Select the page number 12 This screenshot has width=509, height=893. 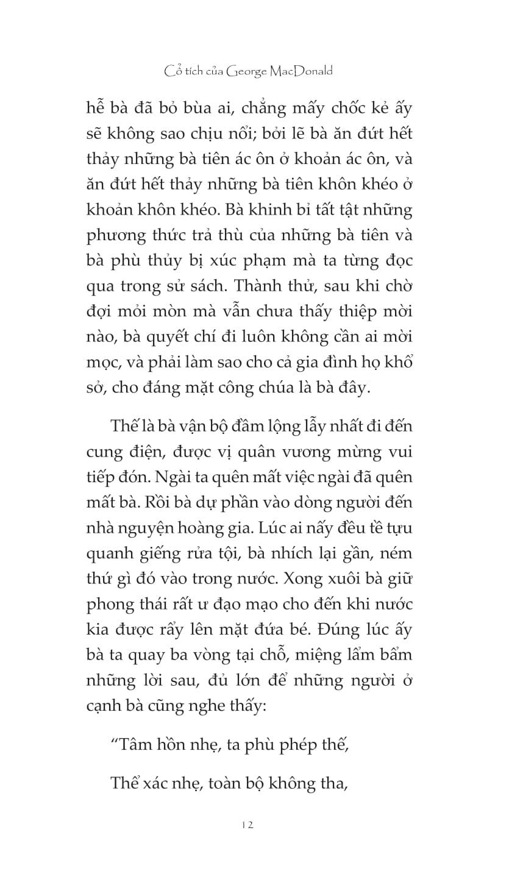pyautogui.click(x=247, y=825)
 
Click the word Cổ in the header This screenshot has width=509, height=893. pyautogui.click(x=172, y=71)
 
